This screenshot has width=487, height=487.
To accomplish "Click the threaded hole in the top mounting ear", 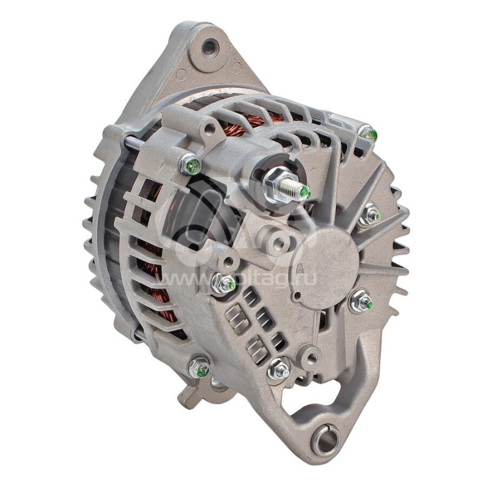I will point(209,45).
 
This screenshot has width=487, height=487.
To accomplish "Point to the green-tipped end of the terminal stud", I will point(305,194).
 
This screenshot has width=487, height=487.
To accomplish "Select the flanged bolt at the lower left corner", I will point(199,366).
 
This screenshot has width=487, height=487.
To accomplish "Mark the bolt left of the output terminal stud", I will point(191,164).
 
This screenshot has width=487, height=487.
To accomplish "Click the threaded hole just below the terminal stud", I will point(278,243).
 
